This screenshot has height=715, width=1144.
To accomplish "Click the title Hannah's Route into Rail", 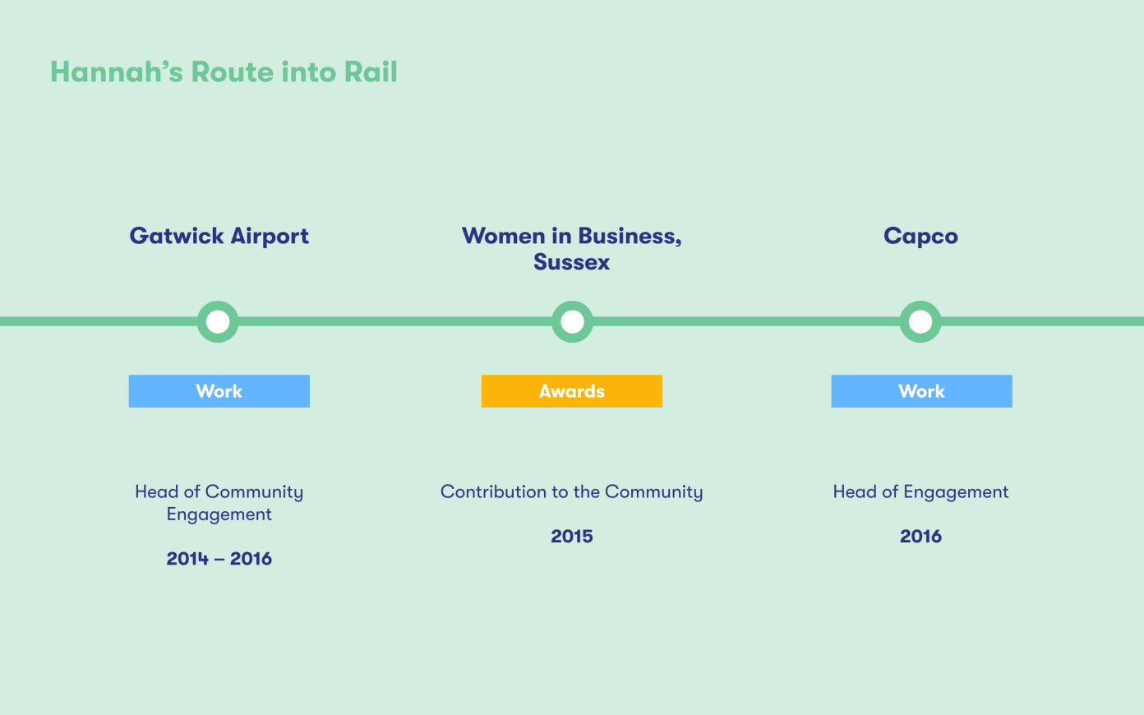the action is click(224, 71).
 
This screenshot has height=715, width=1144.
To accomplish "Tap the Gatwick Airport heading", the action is click(219, 237).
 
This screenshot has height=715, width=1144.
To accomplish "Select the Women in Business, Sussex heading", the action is click(571, 249).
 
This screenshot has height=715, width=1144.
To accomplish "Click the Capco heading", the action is click(920, 237).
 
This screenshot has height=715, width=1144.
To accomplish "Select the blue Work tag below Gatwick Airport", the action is click(219, 391).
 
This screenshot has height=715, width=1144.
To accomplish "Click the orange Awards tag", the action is click(572, 391).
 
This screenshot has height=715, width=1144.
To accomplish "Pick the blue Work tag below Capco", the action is click(922, 391).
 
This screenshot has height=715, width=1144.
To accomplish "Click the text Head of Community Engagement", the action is click(219, 503).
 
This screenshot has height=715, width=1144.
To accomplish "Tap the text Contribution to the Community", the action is click(571, 491).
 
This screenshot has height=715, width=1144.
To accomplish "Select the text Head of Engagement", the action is click(920, 492).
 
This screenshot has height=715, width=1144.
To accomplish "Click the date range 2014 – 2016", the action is click(219, 559).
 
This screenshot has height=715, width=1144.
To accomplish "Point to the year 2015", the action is click(572, 536).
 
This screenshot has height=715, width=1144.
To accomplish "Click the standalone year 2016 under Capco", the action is click(920, 536).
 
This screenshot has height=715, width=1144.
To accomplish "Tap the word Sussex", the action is click(571, 262).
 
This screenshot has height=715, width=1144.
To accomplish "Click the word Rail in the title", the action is click(371, 71).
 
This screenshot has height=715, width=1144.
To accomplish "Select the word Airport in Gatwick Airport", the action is click(270, 237).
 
